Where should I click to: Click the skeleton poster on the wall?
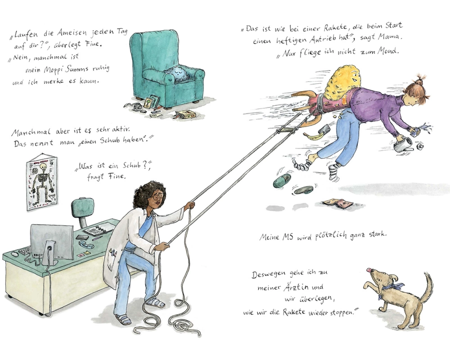tap(42, 183)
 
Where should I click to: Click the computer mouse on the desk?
tap(14, 254)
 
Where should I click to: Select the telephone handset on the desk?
tap(86, 244)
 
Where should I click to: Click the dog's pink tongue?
tap(369, 270)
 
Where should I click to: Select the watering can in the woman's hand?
tap(402, 144)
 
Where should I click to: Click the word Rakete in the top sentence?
tap(335, 28)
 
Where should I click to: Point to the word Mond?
tap(388, 51)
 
